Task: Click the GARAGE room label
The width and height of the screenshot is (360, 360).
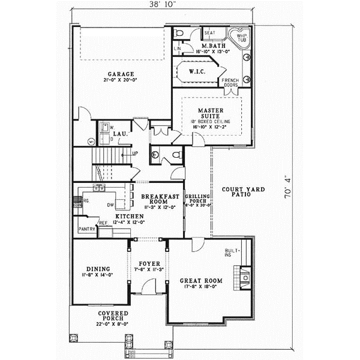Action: click(x=120, y=74)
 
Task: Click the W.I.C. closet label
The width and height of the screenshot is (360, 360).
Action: click(x=197, y=71)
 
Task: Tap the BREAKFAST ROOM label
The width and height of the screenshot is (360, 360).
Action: click(x=158, y=199)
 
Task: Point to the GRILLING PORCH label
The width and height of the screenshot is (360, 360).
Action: click(x=196, y=199)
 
